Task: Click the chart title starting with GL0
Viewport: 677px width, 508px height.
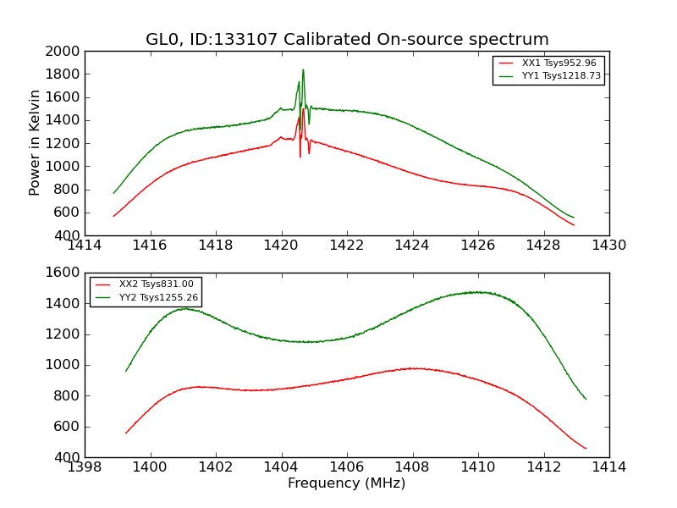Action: [x=347, y=40]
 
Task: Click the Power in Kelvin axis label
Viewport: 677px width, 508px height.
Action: [x=36, y=142]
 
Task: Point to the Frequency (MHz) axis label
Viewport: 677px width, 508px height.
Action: [x=347, y=483]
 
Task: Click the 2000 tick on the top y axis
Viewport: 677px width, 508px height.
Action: [x=64, y=51]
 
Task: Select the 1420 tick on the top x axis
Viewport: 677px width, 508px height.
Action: [x=281, y=246]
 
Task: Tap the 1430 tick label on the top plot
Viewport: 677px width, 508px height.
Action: [x=608, y=246]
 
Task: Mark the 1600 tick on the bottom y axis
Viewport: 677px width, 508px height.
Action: [x=64, y=273]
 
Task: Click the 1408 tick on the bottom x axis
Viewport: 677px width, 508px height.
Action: [x=412, y=467]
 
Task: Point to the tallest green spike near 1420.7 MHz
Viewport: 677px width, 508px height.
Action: [x=303, y=70]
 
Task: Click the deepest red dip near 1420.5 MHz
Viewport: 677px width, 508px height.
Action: [x=300, y=156]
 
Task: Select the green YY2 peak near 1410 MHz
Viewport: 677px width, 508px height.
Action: [x=478, y=292]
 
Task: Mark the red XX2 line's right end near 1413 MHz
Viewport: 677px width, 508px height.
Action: [x=585, y=448]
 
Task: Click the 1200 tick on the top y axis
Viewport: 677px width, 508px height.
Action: [x=64, y=143]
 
